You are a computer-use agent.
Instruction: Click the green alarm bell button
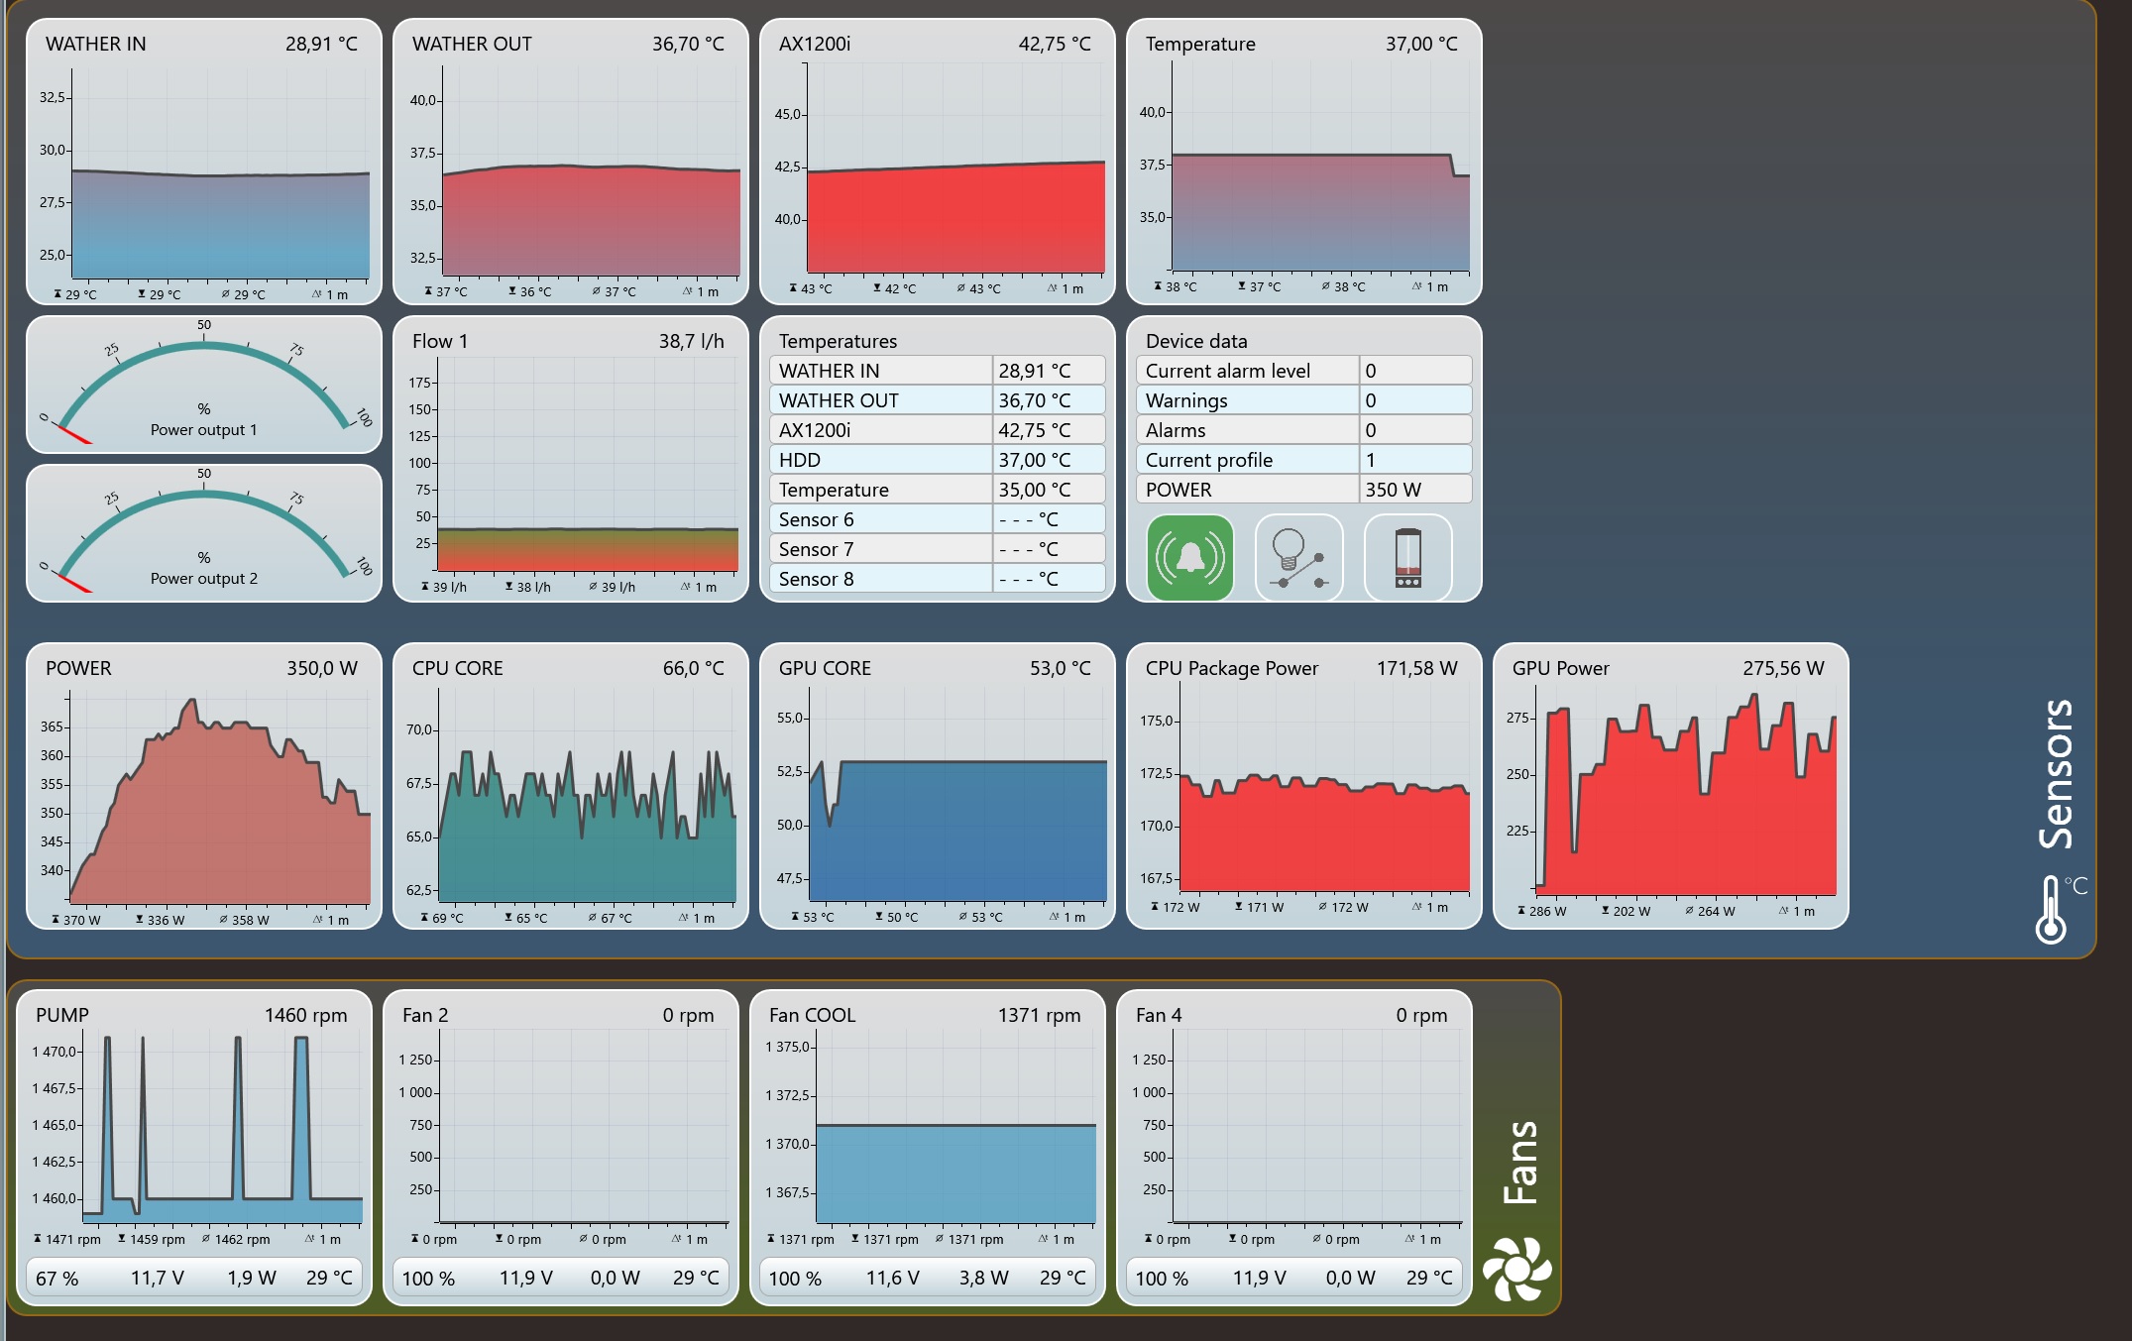pyautogui.click(x=1189, y=558)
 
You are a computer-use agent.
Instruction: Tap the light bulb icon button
pyautogui.click(x=1298, y=558)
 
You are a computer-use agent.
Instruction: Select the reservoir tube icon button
pyautogui.click(x=1407, y=558)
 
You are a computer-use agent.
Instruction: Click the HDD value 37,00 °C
pyautogui.click(x=1034, y=460)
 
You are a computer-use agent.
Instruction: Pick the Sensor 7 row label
pyautogui.click(x=816, y=549)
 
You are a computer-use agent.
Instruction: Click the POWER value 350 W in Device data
pyautogui.click(x=1393, y=490)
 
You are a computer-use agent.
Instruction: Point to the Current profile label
pyautogui.click(x=1208, y=460)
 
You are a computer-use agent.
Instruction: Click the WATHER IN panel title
pyautogui.click(x=95, y=44)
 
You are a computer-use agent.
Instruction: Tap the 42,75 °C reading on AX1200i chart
pyautogui.click(x=1054, y=44)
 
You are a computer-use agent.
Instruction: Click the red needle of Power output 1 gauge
pyautogui.click(x=74, y=434)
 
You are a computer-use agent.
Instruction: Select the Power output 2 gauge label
pyautogui.click(x=203, y=579)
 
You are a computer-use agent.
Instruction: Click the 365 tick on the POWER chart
pyautogui.click(x=52, y=726)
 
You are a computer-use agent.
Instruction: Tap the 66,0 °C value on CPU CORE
pyautogui.click(x=693, y=668)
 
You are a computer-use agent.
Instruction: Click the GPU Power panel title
pyautogui.click(x=1560, y=668)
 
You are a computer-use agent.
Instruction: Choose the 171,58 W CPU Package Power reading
pyautogui.click(x=1416, y=668)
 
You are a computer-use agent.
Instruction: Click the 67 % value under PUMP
pyautogui.click(x=56, y=1279)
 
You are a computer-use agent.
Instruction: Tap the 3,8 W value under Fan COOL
pyautogui.click(x=983, y=1279)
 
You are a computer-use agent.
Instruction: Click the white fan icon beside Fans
pyautogui.click(x=1516, y=1269)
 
